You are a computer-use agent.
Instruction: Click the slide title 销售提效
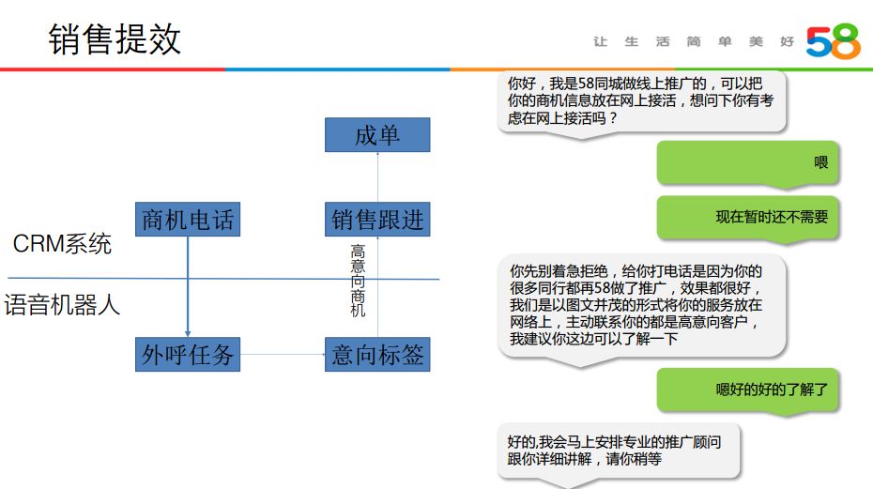tap(115, 40)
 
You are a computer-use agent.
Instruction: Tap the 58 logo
tap(832, 42)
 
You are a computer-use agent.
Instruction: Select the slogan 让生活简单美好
tap(694, 42)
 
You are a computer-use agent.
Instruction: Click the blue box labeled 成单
tap(377, 135)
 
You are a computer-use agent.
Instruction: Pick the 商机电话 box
tap(187, 220)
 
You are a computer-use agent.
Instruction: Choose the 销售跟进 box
tap(377, 220)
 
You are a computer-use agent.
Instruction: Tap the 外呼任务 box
tap(187, 355)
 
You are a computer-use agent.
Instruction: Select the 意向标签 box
tap(377, 355)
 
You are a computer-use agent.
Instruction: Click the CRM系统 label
tap(62, 245)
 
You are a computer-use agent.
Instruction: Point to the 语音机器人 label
tap(62, 305)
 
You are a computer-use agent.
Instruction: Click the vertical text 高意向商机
tap(358, 281)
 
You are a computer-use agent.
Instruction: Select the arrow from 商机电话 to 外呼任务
tap(188, 286)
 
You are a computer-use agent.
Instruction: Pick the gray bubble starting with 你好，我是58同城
tap(642, 102)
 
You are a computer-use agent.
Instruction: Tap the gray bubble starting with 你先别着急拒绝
tap(642, 304)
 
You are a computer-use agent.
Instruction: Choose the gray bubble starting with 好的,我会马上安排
tap(619, 451)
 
